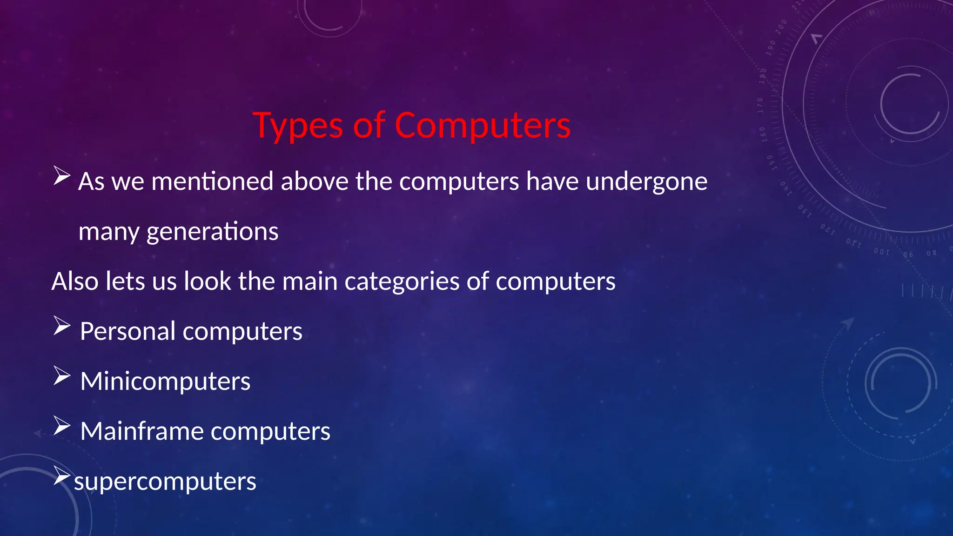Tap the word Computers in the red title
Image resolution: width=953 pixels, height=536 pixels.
coord(483,126)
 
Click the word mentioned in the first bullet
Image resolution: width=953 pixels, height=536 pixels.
coord(212,181)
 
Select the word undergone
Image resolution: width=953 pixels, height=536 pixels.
coord(646,182)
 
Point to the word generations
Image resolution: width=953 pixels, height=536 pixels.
coord(212,232)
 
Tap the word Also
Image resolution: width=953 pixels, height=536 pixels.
coord(74,281)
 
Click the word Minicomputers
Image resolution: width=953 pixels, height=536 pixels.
coord(165,382)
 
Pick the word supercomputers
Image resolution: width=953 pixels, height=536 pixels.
coord(165,482)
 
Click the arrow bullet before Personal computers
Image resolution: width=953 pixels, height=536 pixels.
coord(61,325)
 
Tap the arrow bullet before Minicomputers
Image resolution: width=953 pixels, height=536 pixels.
coord(61,375)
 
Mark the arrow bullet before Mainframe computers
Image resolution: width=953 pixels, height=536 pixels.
coord(61,425)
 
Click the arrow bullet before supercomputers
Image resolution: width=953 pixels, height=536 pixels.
coord(61,475)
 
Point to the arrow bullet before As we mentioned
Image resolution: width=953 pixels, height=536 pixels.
coord(61,175)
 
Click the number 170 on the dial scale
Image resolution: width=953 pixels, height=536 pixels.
coord(760,105)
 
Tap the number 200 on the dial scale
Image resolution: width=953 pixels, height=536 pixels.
coord(781,27)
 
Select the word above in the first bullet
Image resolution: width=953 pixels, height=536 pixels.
coord(315,181)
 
